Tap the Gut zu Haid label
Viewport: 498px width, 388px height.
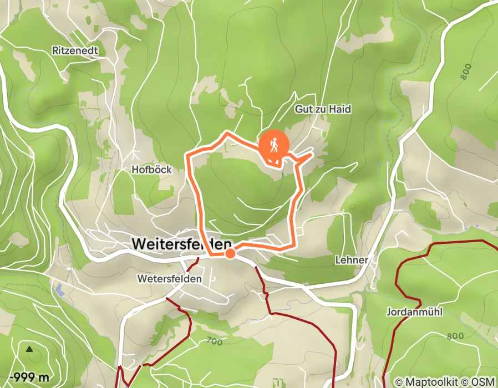tap(322, 110)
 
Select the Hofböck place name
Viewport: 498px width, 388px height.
tap(151, 170)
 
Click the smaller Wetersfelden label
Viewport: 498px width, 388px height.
tap(170, 278)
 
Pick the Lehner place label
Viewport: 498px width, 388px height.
tap(352, 259)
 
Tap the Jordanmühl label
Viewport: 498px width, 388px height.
tap(414, 312)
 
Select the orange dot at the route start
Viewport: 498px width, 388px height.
tap(230, 254)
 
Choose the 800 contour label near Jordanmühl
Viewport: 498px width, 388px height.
tap(454, 336)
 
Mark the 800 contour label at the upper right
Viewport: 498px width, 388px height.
tap(466, 72)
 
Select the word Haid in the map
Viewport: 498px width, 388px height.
tap(341, 110)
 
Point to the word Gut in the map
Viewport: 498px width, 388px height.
tap(302, 110)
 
